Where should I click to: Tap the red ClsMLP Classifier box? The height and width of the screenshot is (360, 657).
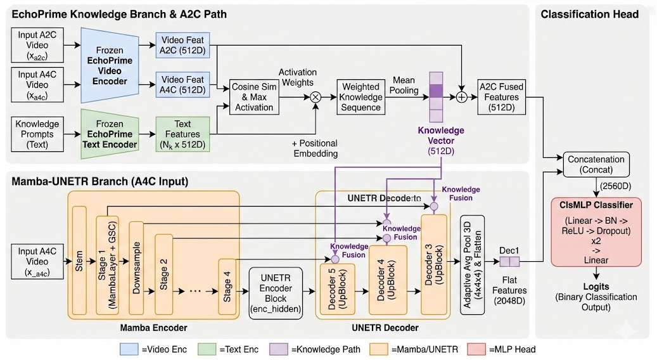pyautogui.click(x=595, y=231)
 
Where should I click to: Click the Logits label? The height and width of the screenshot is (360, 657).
pyautogui.click(x=595, y=286)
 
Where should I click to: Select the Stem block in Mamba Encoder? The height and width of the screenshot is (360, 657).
pyautogui.click(x=79, y=260)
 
